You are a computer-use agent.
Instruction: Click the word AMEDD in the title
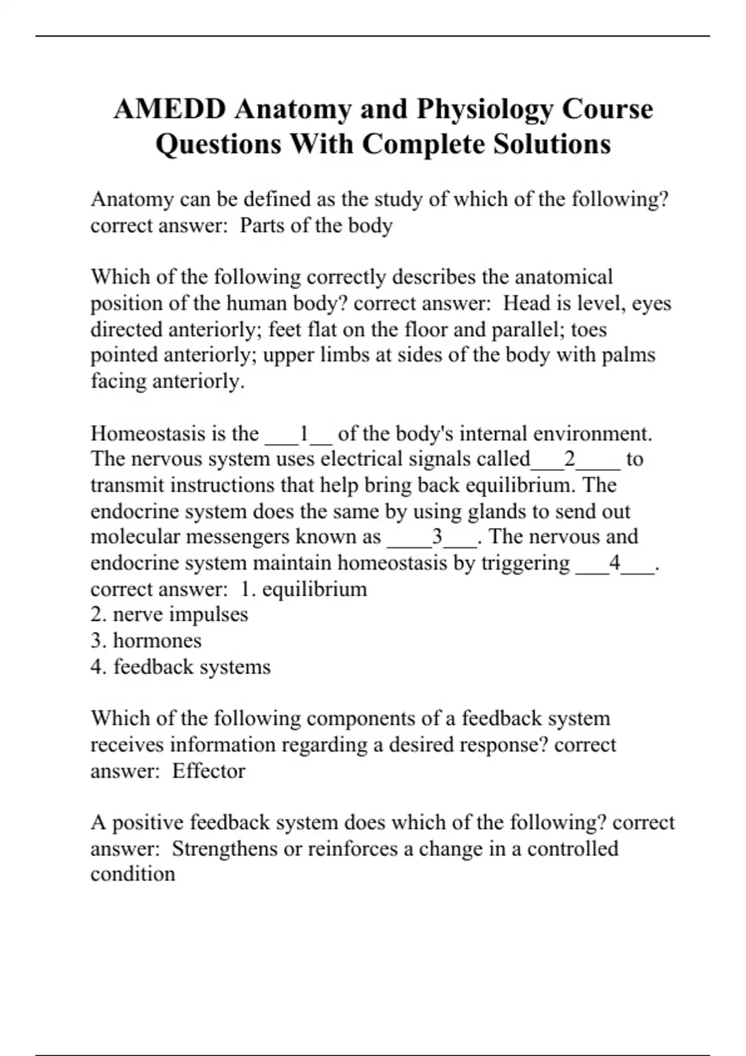[169, 109]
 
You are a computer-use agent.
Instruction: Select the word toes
[589, 329]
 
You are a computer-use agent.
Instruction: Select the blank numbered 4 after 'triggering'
[615, 563]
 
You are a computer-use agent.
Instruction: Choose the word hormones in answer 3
[157, 640]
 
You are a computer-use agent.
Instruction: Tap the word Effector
[208, 771]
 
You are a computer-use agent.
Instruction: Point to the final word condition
[132, 874]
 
